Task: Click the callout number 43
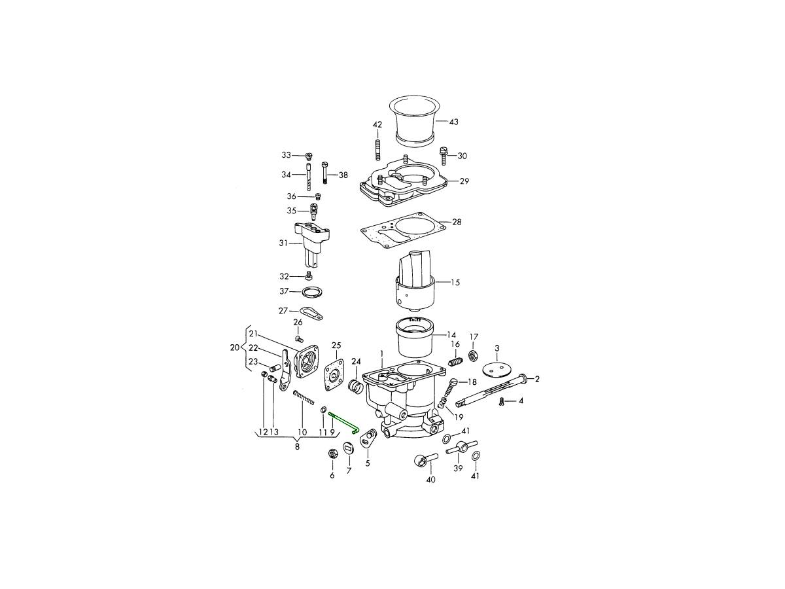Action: [453, 122]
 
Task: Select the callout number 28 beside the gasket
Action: [457, 222]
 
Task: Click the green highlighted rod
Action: [345, 423]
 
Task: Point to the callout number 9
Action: [332, 433]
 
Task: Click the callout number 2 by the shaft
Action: [537, 379]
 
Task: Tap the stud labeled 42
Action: [377, 147]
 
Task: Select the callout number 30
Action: [462, 156]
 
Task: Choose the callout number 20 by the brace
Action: [235, 348]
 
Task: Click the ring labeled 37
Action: [311, 292]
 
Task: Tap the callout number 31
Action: [283, 243]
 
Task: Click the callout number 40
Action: [431, 480]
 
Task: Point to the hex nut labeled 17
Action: [473, 356]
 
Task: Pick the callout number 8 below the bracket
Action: [297, 447]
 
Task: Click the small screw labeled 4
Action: [501, 402]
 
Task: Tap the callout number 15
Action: [455, 283]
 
